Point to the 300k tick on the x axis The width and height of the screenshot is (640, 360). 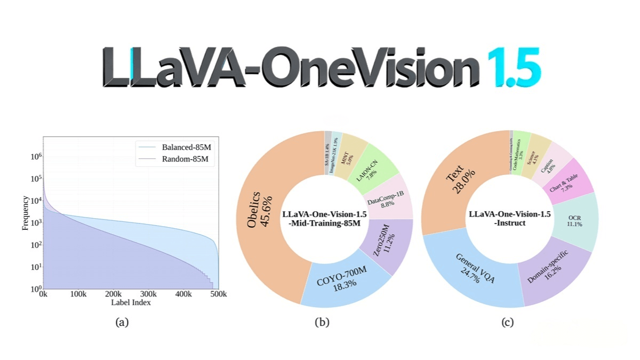pyautogui.click(x=148, y=294)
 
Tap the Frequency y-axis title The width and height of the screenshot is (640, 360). pyautogui.click(x=25, y=213)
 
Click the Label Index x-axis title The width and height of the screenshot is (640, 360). pyautogui.click(x=131, y=303)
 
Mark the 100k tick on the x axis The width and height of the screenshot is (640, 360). pyautogui.click(x=78, y=294)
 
